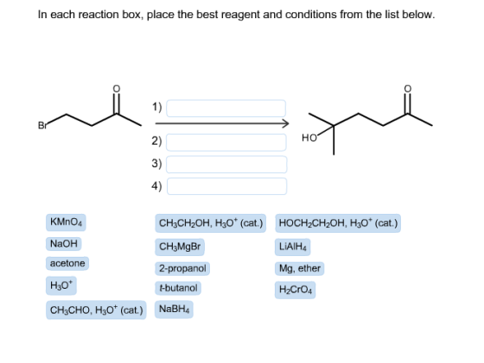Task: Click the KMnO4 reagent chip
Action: tap(66, 222)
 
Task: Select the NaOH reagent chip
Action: tap(64, 244)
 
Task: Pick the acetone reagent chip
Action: tap(67, 264)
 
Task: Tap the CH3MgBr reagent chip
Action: tap(180, 247)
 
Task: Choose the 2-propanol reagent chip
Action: tap(182, 268)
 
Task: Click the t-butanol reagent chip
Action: tap(178, 288)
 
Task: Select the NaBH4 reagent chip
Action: tap(174, 310)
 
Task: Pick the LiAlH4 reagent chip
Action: tap(293, 247)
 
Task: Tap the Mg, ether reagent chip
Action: tap(299, 268)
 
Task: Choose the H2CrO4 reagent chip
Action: tap(295, 290)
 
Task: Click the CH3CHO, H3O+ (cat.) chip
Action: tap(96, 310)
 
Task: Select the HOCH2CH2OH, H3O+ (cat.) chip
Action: tap(338, 223)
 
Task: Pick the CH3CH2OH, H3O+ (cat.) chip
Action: tap(211, 223)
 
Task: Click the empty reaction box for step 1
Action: tap(226, 109)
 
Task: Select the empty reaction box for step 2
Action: tap(226, 142)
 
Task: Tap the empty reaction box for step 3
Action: tap(226, 165)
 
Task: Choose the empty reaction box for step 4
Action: tap(226, 186)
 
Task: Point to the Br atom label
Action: tap(42, 125)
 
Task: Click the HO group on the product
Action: tap(309, 138)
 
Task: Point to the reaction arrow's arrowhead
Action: tap(286, 124)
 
